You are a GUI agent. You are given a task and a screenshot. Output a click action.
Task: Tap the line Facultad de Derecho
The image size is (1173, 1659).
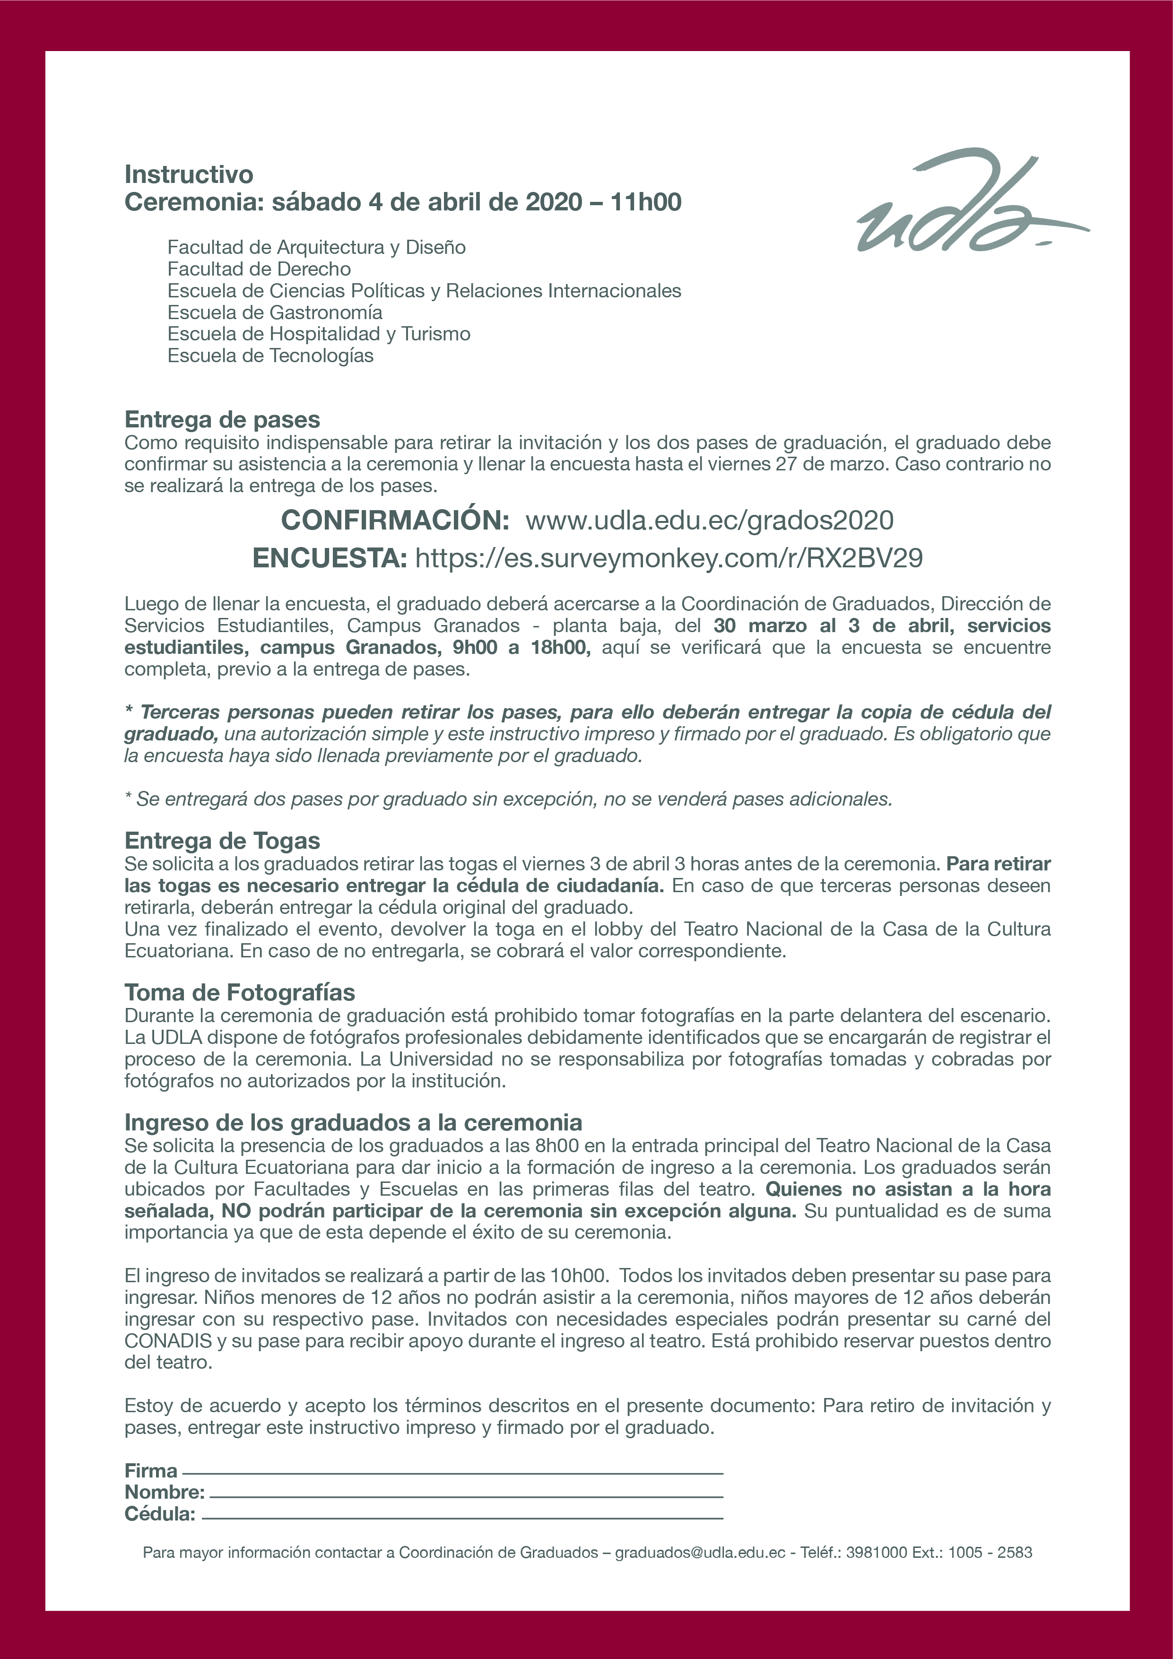point(259,269)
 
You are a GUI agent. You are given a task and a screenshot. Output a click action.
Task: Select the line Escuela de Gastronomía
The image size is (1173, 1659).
point(275,312)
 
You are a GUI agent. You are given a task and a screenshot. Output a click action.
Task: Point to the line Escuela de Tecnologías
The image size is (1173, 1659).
point(270,356)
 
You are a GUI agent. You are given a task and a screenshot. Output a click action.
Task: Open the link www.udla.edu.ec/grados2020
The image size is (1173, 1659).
point(709,520)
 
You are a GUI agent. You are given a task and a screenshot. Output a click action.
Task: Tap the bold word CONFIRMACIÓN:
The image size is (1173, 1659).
point(395,520)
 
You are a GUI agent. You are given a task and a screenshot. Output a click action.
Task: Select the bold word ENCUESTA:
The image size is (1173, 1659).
point(330,558)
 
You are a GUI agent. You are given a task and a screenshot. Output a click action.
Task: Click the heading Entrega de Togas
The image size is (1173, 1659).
point(222,840)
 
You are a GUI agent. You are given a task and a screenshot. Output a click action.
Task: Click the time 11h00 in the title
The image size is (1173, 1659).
point(645,201)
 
